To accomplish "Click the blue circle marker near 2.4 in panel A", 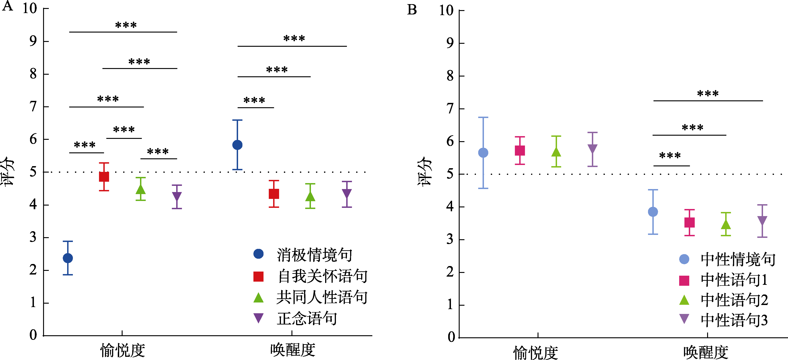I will [x=68, y=258].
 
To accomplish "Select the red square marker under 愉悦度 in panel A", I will [x=104, y=177].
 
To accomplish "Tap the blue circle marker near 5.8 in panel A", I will [x=237, y=145].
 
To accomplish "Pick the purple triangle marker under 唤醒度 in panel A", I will [x=347, y=194].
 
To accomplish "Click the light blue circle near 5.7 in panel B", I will [x=483, y=153].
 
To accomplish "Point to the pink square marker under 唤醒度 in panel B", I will [x=689, y=222].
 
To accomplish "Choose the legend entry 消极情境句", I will [x=314, y=255].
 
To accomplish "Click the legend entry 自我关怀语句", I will [x=322, y=276].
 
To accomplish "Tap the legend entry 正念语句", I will [x=307, y=318].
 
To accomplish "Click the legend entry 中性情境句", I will [x=738, y=259].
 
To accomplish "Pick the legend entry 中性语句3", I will [x=734, y=320].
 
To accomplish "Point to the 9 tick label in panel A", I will [x=33, y=41].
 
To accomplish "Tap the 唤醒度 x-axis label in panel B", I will [x=706, y=352].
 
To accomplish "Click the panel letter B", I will [x=412, y=10].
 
